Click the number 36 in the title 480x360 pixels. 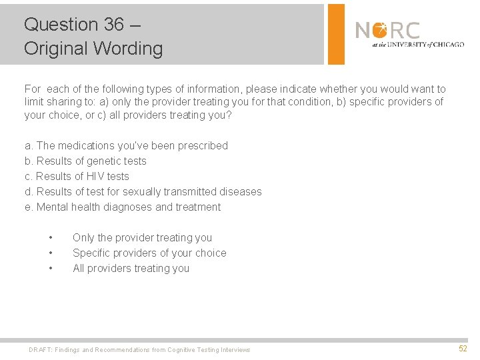pyautogui.click(x=113, y=25)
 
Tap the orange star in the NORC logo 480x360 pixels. pyautogui.click(x=380, y=30)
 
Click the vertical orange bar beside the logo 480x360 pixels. pyautogui.click(x=337, y=34)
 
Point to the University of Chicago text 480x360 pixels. pyautogui.click(x=418, y=45)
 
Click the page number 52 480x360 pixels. pyautogui.click(x=463, y=349)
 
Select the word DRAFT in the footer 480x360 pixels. pyautogui.click(x=41, y=350)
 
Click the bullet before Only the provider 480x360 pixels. pyautogui.click(x=51, y=238)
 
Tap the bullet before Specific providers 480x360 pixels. pyautogui.click(x=51, y=253)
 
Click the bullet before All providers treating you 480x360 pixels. pyautogui.click(x=51, y=269)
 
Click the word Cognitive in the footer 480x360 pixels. pyautogui.click(x=182, y=350)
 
